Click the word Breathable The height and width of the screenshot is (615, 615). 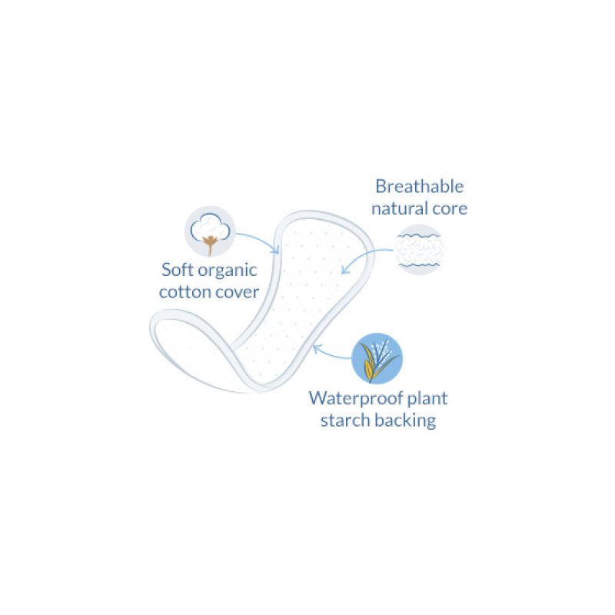point(420,186)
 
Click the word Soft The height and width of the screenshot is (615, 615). point(178,270)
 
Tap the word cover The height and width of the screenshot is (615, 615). point(238,292)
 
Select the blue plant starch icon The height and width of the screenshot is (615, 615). point(377,358)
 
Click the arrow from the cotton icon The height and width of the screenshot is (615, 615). point(258,238)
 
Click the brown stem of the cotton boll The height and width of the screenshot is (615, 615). point(208,244)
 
